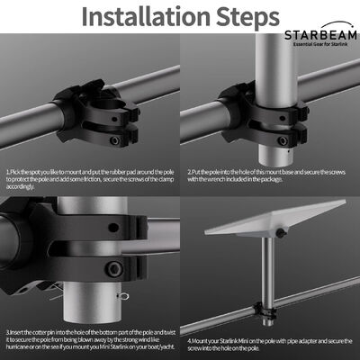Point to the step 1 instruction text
click(90, 178)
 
